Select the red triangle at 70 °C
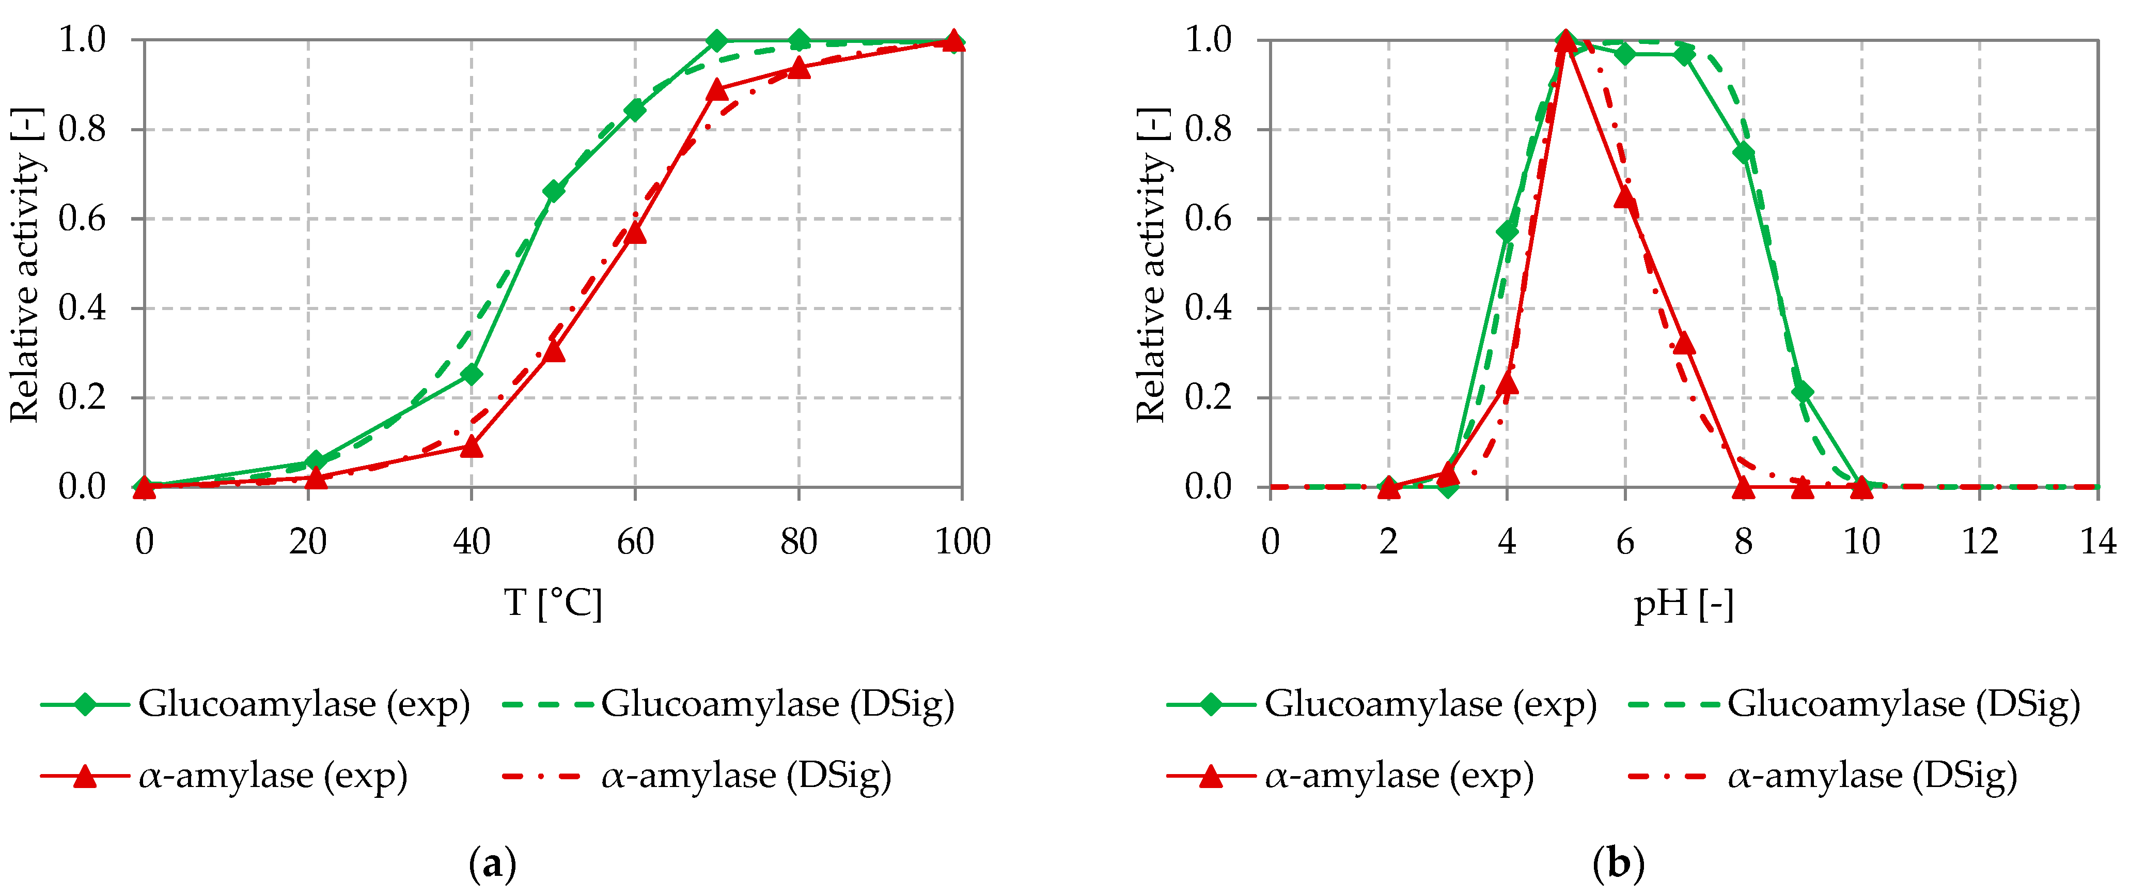(x=717, y=89)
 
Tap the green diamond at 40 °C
(x=472, y=374)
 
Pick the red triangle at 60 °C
(x=635, y=233)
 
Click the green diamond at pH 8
(x=1744, y=153)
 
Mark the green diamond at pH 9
(x=1803, y=392)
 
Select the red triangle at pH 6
(x=1625, y=197)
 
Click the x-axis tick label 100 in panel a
(x=962, y=542)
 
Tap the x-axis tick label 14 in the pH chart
(x=2098, y=542)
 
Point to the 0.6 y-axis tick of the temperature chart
(x=83, y=219)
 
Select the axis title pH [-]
(x=1683, y=605)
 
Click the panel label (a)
(x=492, y=865)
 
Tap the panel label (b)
(x=1618, y=865)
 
